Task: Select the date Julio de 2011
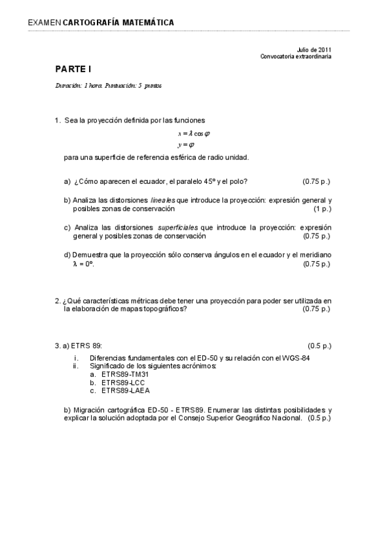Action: (315, 50)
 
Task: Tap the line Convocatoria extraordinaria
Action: (296, 56)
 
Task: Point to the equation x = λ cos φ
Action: (194, 133)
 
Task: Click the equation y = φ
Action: (186, 144)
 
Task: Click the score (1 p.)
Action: (322, 209)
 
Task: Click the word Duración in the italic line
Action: (68, 85)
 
